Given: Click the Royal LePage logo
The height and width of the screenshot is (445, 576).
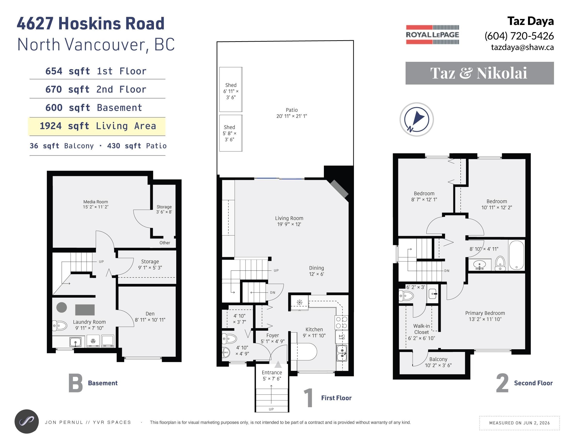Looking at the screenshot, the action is (x=432, y=34).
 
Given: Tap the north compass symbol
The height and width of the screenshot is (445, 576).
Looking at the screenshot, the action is (x=416, y=119).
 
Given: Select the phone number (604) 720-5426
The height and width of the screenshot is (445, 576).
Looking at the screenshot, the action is (x=519, y=36).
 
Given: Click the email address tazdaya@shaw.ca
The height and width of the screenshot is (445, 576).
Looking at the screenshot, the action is (x=522, y=48).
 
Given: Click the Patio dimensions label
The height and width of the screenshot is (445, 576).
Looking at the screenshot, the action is (x=292, y=116).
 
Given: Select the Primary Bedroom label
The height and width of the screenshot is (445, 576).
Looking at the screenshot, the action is (x=485, y=313).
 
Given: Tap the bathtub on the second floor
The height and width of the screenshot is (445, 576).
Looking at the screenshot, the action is (x=516, y=255).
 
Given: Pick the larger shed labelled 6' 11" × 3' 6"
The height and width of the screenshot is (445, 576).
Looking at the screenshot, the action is (x=231, y=89).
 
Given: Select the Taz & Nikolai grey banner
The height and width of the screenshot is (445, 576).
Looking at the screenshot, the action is (x=480, y=73).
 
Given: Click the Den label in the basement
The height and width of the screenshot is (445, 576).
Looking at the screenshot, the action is (x=150, y=314).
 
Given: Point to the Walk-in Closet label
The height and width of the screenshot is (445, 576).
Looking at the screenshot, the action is (x=421, y=329).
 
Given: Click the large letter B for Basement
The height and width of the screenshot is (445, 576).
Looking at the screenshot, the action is (x=75, y=383).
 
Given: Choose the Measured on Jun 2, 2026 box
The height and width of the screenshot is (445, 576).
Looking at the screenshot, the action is (x=519, y=423).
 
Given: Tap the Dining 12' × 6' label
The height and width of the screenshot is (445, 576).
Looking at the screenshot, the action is (x=316, y=271).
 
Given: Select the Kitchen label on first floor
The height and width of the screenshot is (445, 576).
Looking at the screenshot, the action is (x=314, y=329).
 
